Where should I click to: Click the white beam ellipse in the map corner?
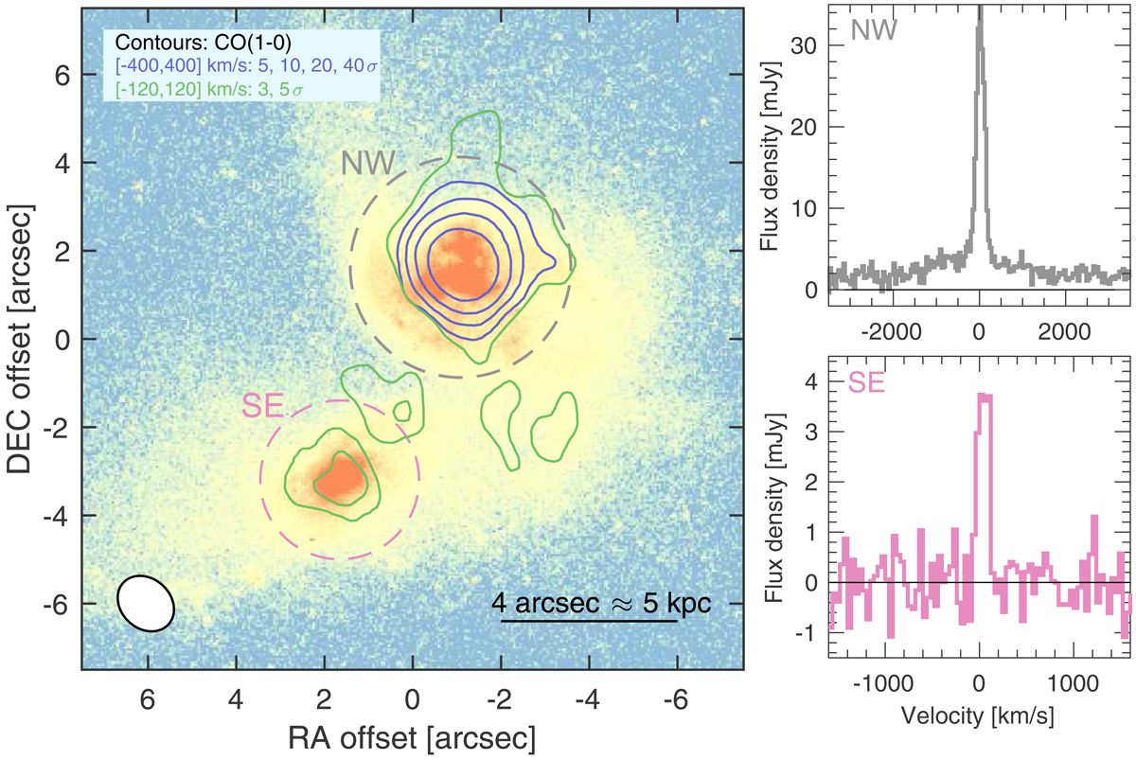146,603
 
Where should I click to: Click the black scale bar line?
589,622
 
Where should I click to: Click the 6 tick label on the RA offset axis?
148,698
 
